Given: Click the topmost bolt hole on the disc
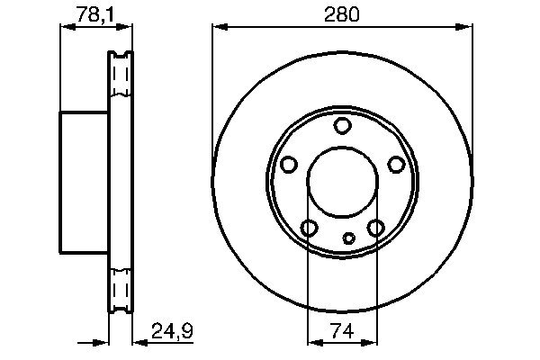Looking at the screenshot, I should pyautogui.click(x=342, y=126).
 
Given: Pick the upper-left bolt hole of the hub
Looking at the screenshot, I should pyautogui.click(x=289, y=165).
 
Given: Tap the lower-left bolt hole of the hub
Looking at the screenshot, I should pyautogui.click(x=309, y=228).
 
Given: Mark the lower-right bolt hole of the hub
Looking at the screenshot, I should pyautogui.click(x=375, y=228).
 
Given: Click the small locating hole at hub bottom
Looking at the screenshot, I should pyautogui.click(x=350, y=238).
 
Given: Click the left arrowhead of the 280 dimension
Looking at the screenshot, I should pyautogui.click(x=219, y=28).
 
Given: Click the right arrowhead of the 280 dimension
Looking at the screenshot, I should pyautogui.click(x=465, y=28).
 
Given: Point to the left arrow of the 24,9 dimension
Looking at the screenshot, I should pyautogui.click(x=102, y=341).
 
